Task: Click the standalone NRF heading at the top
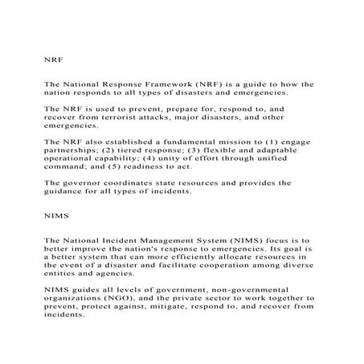pos(54,59)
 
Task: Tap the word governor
pos(88,182)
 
